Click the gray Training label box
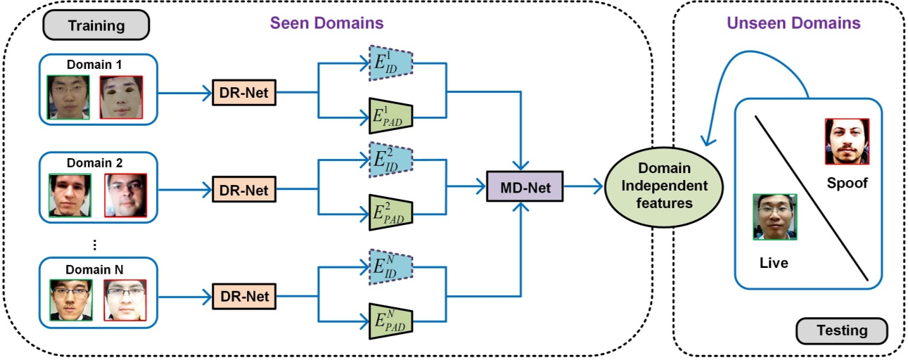click(96, 26)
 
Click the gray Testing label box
click(841, 330)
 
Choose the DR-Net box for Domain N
click(245, 296)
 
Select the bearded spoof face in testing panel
click(847, 141)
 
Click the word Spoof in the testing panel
click(847, 184)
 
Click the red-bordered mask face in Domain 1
click(121, 97)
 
